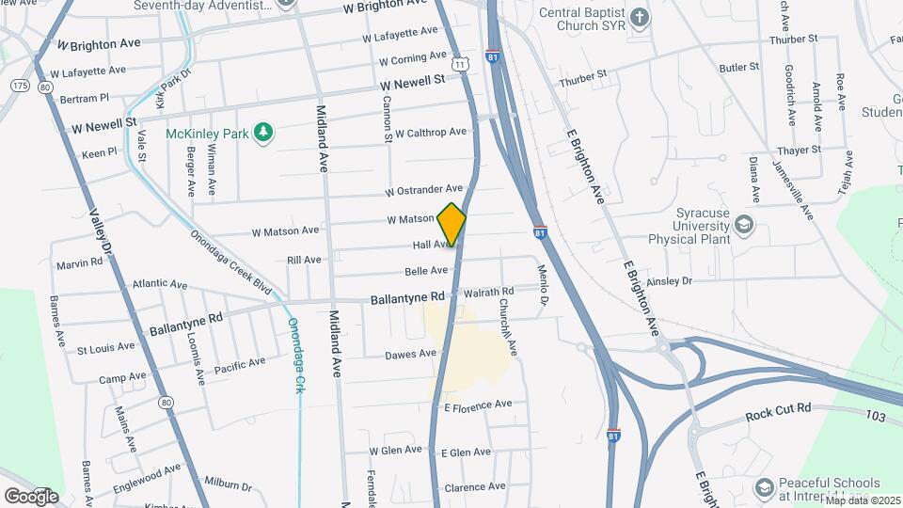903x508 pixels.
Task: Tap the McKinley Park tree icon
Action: point(264,133)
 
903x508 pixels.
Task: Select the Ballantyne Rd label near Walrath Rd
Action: point(407,297)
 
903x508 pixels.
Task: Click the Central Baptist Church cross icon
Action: point(640,17)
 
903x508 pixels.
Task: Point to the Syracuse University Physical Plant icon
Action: point(744,224)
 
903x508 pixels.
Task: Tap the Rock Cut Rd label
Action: point(778,409)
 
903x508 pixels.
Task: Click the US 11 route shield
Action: point(459,62)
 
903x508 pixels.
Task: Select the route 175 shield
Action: point(20,86)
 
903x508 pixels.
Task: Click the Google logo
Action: point(31,496)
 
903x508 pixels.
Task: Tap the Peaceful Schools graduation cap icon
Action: point(765,486)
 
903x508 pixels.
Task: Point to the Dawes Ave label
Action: point(411,354)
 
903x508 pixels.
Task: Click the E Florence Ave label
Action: point(477,405)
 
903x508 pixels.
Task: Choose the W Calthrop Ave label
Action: point(430,133)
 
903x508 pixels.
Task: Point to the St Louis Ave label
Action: point(105,348)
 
